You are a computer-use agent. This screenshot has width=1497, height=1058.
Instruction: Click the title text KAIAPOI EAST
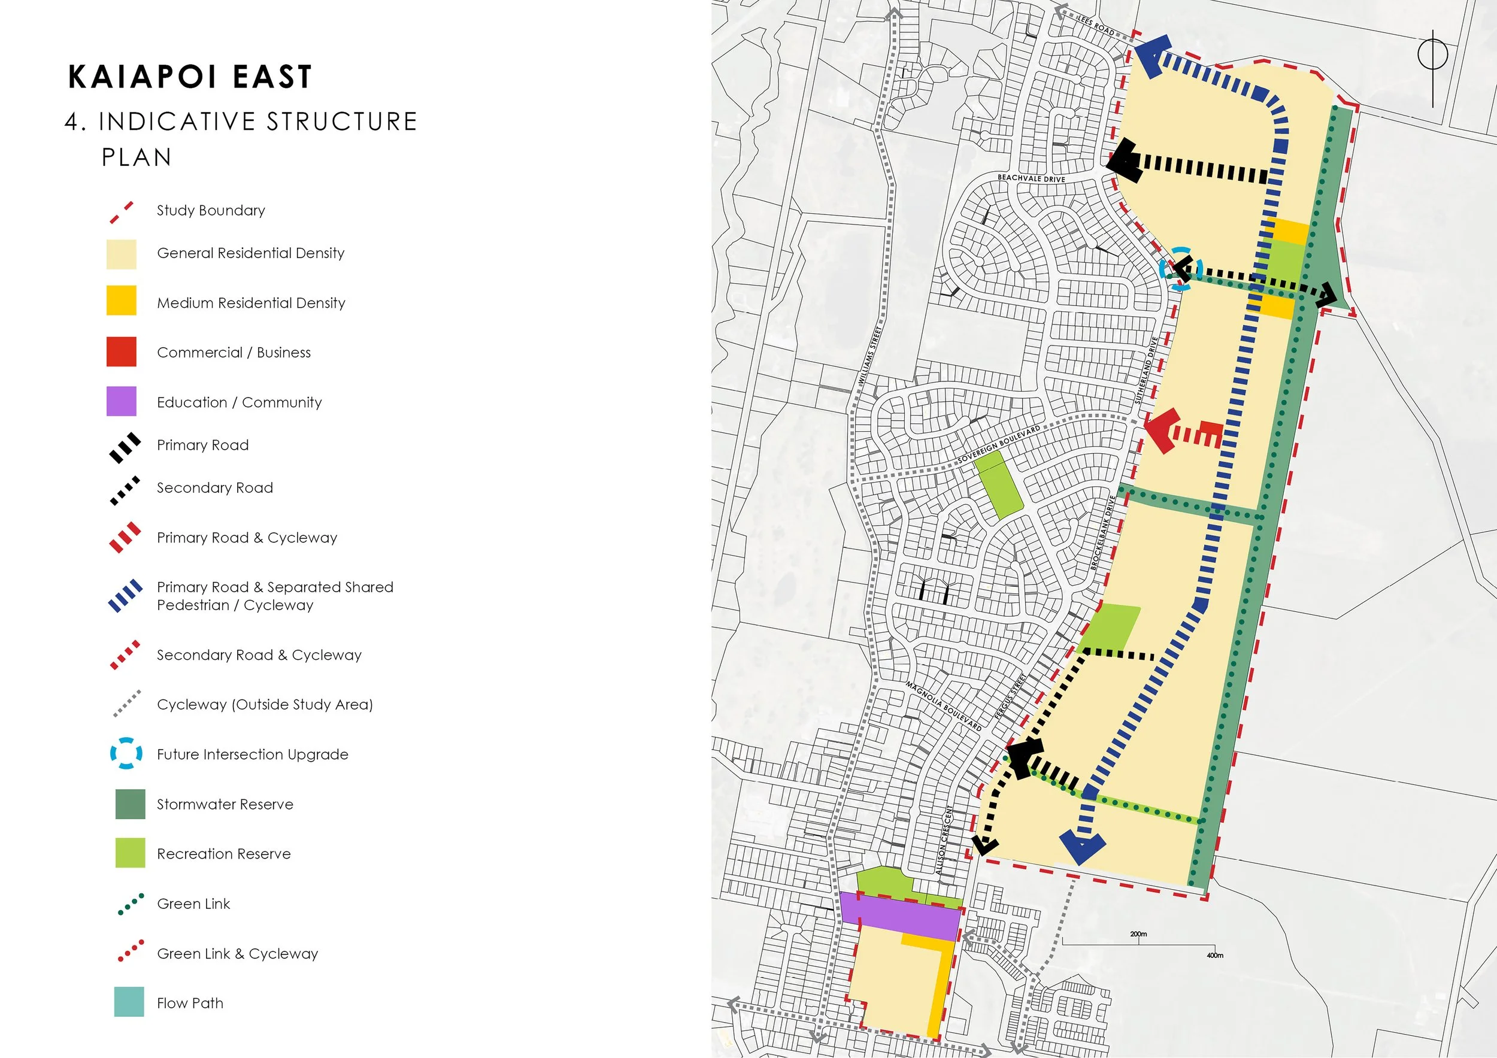(190, 76)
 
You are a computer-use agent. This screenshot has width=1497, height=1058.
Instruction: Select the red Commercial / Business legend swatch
(122, 352)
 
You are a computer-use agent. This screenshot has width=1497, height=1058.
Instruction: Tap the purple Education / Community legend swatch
(122, 402)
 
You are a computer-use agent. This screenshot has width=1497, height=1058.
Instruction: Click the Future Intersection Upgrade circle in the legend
(126, 754)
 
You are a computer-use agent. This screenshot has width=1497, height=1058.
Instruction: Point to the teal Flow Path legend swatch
(129, 1002)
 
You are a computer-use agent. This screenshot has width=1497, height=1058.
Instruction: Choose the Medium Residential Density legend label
(251, 303)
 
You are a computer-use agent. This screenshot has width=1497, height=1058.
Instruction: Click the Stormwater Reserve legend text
(225, 804)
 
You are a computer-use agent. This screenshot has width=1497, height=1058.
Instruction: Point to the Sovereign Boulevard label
(999, 445)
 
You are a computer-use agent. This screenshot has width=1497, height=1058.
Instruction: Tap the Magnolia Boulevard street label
(944, 705)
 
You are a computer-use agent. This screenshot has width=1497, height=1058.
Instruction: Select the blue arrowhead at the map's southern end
(1081, 848)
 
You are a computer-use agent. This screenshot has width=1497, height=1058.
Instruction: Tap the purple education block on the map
(900, 917)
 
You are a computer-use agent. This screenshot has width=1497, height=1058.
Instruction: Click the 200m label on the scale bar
(1138, 934)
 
